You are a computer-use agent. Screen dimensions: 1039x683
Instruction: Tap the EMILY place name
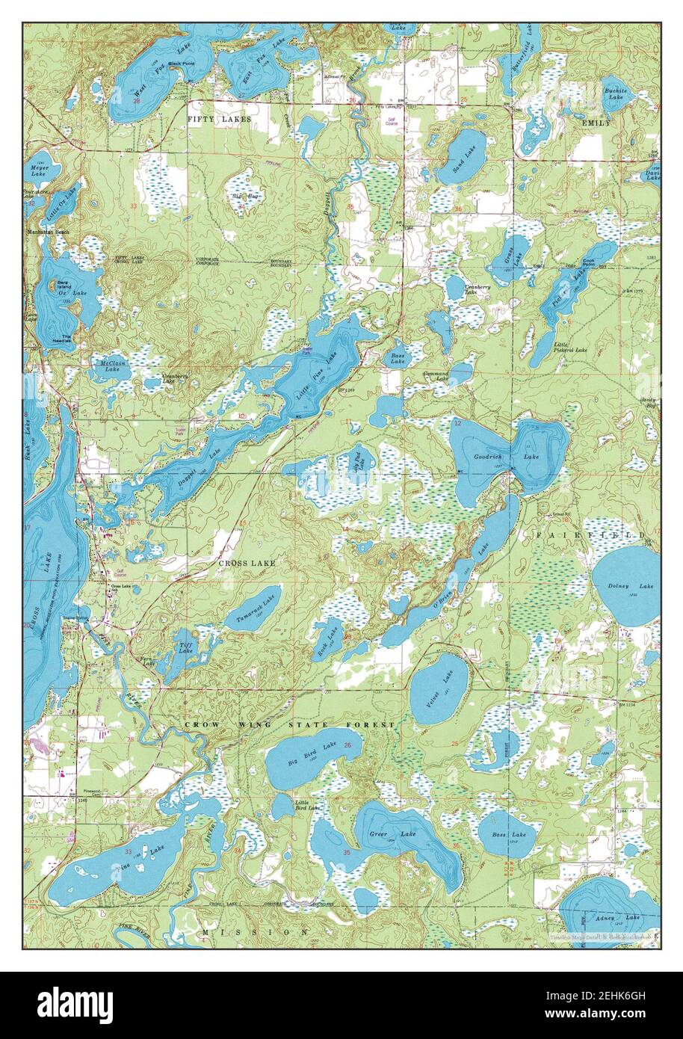pos(596,122)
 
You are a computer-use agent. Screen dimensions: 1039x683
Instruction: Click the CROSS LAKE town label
pos(247,562)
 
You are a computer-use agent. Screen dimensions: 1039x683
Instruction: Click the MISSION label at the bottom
pos(254,932)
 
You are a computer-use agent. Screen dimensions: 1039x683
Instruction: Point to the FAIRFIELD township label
pos(590,536)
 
